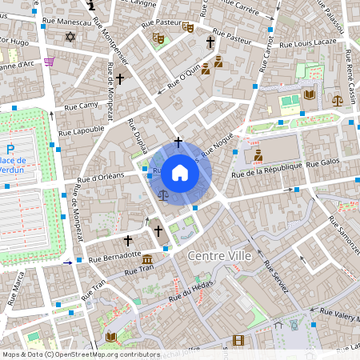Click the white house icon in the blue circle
click(x=180, y=173)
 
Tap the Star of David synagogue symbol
click(x=69, y=37)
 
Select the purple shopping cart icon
click(x=50, y=62)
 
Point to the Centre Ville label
click(x=219, y=255)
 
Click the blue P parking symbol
click(x=10, y=149)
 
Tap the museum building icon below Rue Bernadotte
click(x=147, y=260)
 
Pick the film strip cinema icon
click(x=238, y=340)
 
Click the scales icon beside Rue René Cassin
click(x=337, y=102)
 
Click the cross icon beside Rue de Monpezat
click(x=120, y=79)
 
